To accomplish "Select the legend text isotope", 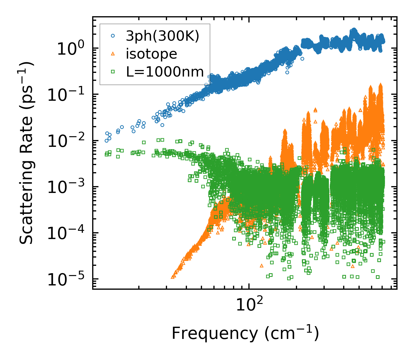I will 151,54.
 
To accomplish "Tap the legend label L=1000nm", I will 165,72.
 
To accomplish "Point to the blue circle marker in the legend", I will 113,36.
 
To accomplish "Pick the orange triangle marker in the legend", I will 113,54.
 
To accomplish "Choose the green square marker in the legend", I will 113,72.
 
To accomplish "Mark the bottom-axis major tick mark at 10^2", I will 249,287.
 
